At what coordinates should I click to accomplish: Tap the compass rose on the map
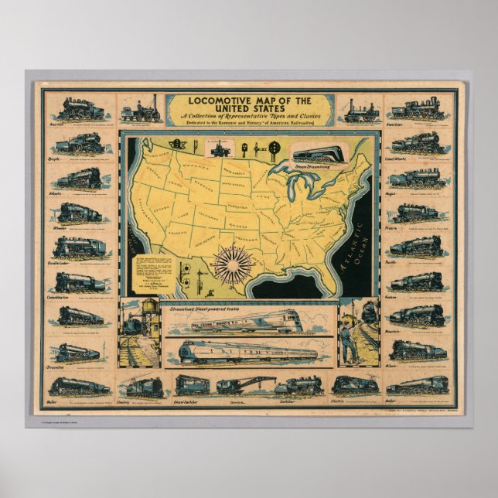pos(229,264)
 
